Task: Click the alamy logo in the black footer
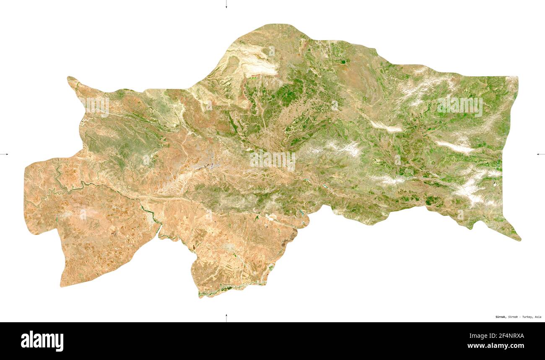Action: pos(42,341)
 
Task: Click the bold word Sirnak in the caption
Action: pos(500,317)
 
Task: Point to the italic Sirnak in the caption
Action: pos(514,317)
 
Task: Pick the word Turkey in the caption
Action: pos(528,317)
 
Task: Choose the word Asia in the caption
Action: pos(537,317)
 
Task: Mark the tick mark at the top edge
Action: pos(226,4)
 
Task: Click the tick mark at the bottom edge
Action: pos(226,318)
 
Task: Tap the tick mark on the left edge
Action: pos(4,154)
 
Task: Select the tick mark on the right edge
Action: pos(540,154)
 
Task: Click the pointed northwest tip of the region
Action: pos(70,78)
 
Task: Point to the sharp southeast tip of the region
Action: pos(519,240)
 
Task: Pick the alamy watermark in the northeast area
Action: pos(459,106)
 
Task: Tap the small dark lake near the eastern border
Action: pos(495,183)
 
